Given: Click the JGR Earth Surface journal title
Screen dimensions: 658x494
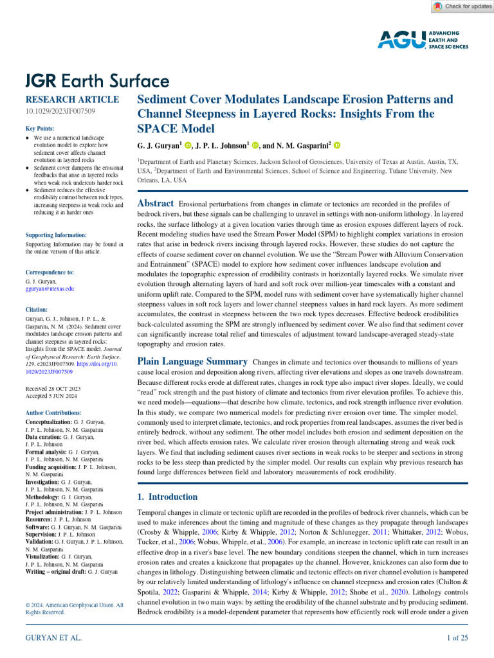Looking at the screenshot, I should coord(97,81).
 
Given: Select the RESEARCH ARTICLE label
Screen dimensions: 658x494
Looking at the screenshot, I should coord(71,100).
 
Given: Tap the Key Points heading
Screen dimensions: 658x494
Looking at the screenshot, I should coord(39,129).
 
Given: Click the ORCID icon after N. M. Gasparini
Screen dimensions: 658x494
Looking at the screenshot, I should coord(336,146).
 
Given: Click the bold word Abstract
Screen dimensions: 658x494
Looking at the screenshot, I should coord(156,204).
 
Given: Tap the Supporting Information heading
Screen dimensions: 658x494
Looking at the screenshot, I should coord(55,235).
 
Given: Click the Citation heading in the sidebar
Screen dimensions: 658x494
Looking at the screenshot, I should coord(37,309).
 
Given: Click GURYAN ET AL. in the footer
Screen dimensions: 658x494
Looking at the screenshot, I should coord(52,637).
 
